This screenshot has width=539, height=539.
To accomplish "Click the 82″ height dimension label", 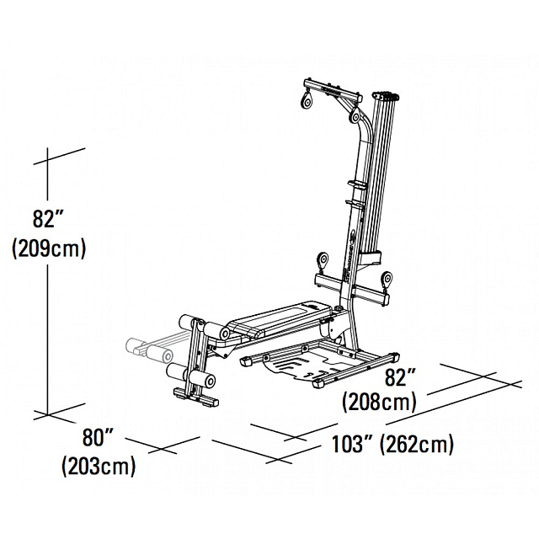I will [x=49, y=219].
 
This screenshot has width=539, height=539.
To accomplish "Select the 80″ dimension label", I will [x=99, y=438].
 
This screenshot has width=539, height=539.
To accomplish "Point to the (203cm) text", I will [x=99, y=466].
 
